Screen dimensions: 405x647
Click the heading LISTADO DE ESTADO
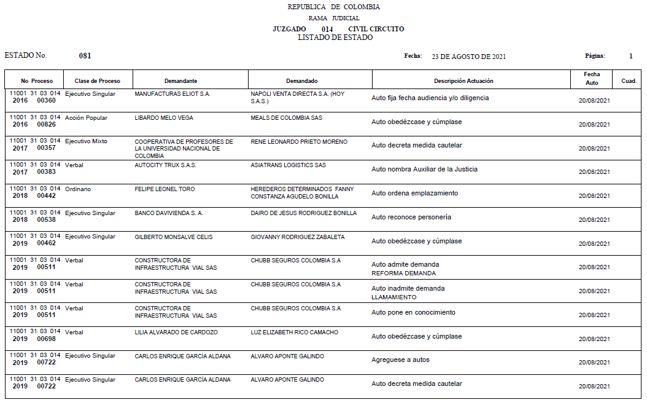335,37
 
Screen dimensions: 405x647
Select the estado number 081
85,56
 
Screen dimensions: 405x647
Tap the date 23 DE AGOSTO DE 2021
468,57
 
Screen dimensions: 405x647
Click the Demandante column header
180,81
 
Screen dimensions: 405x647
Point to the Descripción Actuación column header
463,81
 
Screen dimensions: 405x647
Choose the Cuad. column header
629,81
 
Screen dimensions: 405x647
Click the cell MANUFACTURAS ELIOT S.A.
172,94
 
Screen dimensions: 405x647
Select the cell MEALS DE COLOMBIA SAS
286,118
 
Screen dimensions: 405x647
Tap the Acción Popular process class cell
86,118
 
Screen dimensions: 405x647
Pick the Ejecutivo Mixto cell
86,142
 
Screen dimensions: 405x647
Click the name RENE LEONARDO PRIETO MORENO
299,142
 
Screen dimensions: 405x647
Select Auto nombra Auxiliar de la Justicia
424,170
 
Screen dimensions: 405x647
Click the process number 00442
46,196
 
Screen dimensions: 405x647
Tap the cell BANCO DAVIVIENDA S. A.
169,213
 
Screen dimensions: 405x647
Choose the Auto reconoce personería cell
411,218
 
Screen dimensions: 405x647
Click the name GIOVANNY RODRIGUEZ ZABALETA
298,237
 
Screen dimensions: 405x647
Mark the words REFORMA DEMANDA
403,273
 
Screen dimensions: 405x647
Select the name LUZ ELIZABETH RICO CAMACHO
295,332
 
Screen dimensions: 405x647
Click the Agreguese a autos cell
400,360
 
